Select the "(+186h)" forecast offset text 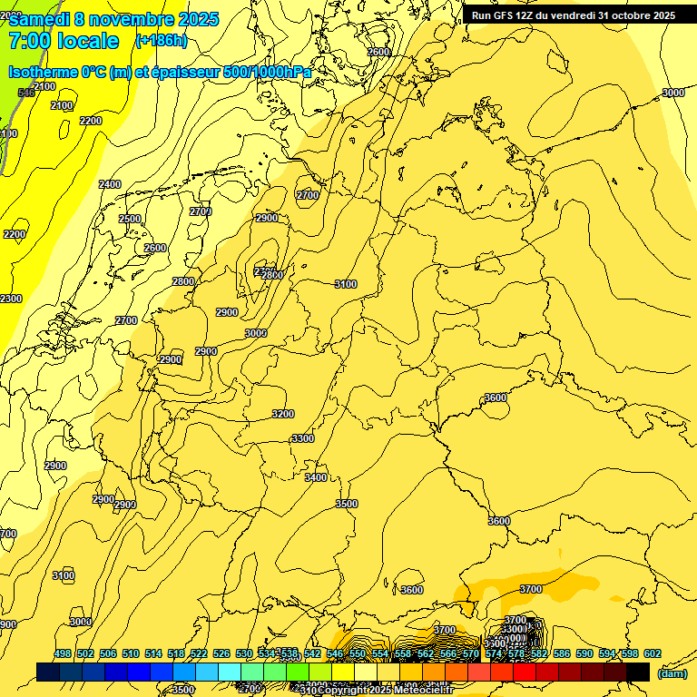pyautogui.click(x=162, y=41)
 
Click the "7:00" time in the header pyautogui.click(x=29, y=41)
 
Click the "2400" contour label pyautogui.click(x=110, y=184)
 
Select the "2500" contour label pyautogui.click(x=130, y=219)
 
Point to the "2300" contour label pyautogui.click(x=11, y=299)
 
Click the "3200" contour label pyautogui.click(x=283, y=414)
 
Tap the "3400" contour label pyautogui.click(x=316, y=477)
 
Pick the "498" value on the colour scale pyautogui.click(x=63, y=654)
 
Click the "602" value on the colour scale pyautogui.click(x=653, y=654)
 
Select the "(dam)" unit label pyautogui.click(x=672, y=673)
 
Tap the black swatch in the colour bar pyautogui.click(x=637, y=672)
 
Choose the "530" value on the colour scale pyautogui.click(x=244, y=654)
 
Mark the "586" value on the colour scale pyautogui.click(x=562, y=654)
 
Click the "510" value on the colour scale pyautogui.click(x=131, y=654)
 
